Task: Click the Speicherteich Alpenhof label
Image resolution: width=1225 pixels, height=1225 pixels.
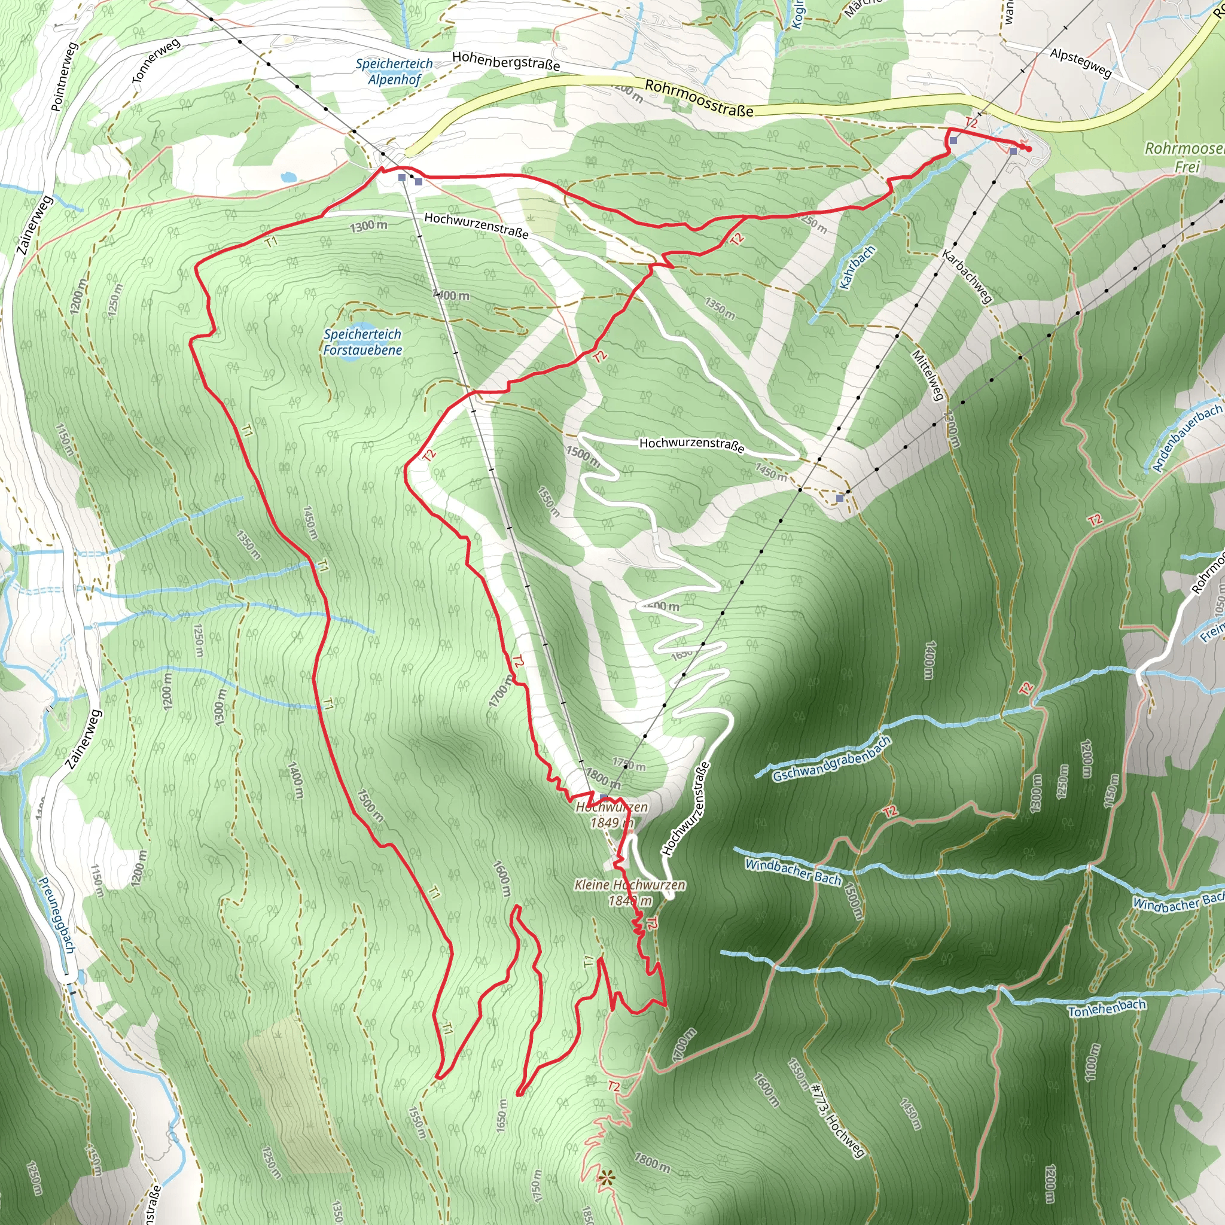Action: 394,72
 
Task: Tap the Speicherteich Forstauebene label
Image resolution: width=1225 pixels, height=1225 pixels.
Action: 362,342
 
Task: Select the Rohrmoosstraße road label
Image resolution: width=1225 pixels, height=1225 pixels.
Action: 699,98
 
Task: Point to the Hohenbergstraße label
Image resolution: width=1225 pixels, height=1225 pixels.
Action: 505,61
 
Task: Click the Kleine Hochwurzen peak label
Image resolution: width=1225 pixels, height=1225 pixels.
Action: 630,892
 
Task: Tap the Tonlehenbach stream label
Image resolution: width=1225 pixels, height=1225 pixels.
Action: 1107,1008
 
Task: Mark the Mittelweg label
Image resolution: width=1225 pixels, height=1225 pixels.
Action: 928,374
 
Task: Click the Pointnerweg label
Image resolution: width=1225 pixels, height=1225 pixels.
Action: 64,77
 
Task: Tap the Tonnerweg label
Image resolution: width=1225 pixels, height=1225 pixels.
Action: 156,60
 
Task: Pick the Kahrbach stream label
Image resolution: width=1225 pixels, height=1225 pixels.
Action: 857,267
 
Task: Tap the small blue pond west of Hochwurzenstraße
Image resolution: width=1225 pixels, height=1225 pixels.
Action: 288,176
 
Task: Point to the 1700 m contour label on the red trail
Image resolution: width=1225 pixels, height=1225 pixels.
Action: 501,696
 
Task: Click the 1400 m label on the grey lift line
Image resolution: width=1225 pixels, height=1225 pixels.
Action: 451,295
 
